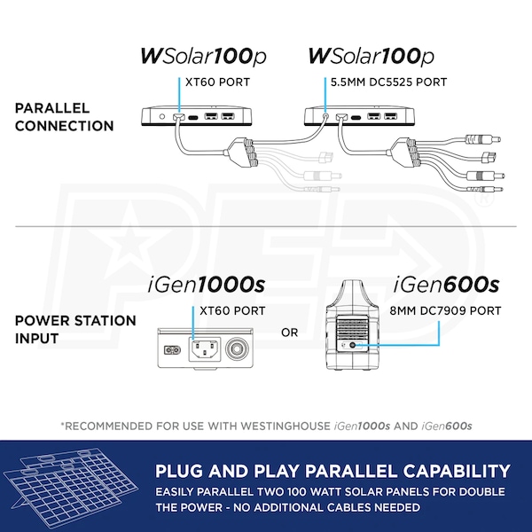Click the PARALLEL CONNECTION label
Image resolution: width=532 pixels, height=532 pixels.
tap(65, 116)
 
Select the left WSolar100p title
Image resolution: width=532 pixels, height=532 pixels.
tap(202, 56)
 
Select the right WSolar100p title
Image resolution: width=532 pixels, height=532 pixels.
tap(371, 56)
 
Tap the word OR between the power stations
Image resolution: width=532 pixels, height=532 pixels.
tap(290, 332)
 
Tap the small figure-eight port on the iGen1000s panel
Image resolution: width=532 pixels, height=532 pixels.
tap(168, 348)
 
